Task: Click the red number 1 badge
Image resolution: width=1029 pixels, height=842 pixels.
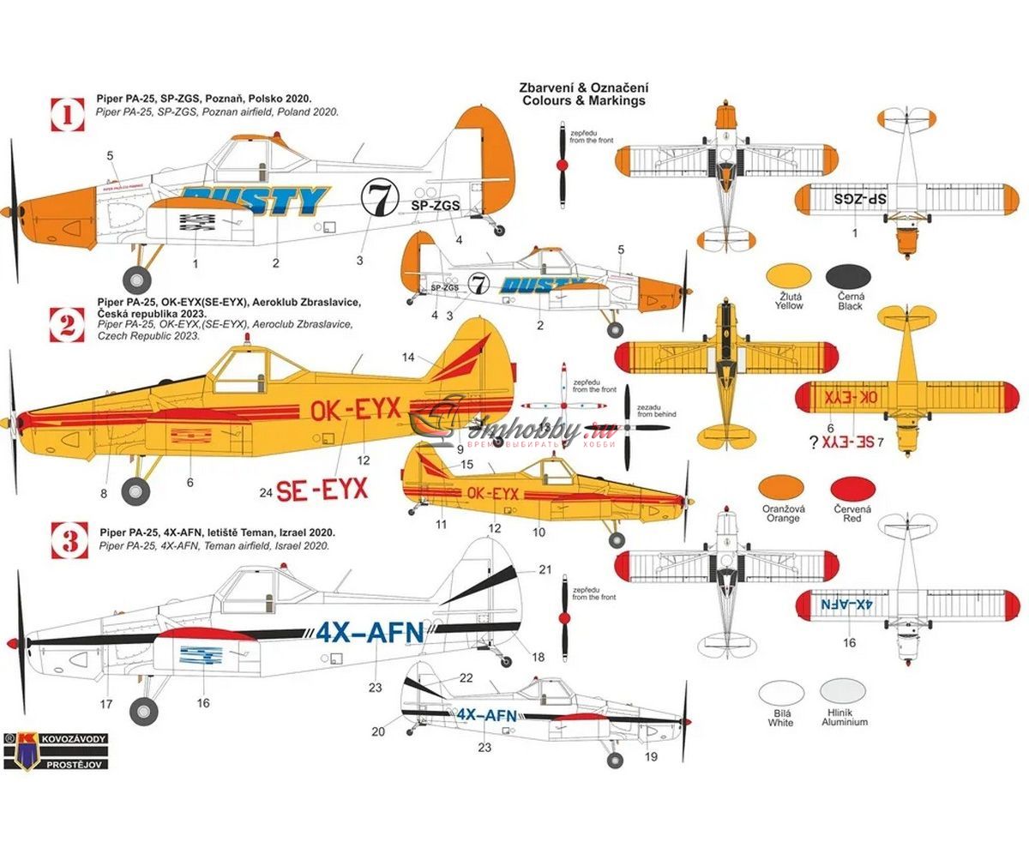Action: tap(69, 112)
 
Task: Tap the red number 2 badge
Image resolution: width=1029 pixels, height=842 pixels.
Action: tap(69, 323)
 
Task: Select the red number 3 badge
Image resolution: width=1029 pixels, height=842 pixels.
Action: tap(69, 540)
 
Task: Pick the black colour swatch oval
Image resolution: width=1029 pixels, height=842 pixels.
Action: tap(850, 277)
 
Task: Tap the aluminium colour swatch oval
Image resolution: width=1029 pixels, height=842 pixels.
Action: tap(844, 692)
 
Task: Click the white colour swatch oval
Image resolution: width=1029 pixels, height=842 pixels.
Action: tap(780, 692)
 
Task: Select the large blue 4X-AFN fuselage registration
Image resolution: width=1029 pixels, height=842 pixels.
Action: tap(370, 633)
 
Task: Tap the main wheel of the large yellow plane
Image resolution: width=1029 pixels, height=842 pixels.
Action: tap(135, 490)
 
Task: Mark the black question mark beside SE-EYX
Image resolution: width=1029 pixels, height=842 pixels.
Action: tap(812, 442)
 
